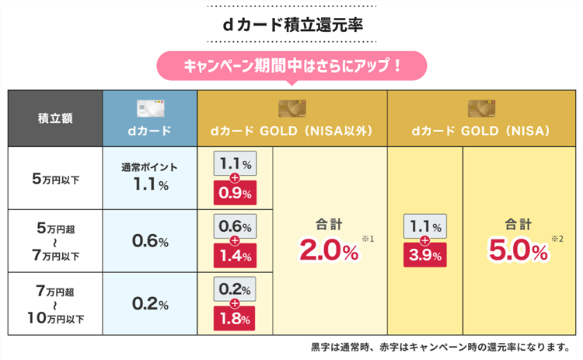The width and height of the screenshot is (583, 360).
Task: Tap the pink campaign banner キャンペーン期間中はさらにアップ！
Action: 291,65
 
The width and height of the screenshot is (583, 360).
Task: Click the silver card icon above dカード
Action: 149,107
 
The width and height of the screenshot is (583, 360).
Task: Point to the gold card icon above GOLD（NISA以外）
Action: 291,107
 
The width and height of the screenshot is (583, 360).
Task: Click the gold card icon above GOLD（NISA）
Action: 483,107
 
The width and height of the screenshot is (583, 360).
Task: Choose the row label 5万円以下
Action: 55,177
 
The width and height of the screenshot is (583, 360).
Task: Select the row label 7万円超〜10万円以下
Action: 55,304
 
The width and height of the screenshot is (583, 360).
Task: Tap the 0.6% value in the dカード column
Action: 150,241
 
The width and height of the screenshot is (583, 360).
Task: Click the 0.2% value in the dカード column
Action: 150,304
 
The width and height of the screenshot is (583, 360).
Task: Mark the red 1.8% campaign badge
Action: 234,317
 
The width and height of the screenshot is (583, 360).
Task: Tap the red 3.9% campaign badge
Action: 425,254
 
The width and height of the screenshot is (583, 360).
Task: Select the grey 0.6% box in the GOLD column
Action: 234,227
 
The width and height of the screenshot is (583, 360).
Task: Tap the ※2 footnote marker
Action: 557,238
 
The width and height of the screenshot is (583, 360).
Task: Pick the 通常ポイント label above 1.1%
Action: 150,168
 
